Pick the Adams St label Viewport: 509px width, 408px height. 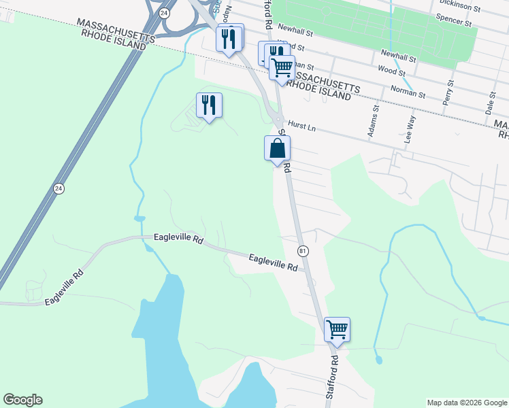[x=373, y=121]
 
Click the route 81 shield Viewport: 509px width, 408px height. [x=303, y=251]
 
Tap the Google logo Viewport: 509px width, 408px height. [x=22, y=400]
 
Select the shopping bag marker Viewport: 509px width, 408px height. [x=277, y=148]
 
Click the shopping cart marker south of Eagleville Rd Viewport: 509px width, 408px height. [x=337, y=329]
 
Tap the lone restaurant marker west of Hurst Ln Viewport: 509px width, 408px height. [x=209, y=105]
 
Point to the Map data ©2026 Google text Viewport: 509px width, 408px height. [x=467, y=403]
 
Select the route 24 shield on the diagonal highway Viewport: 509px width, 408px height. [x=59, y=188]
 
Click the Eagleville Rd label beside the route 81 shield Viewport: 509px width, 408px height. [x=273, y=262]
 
